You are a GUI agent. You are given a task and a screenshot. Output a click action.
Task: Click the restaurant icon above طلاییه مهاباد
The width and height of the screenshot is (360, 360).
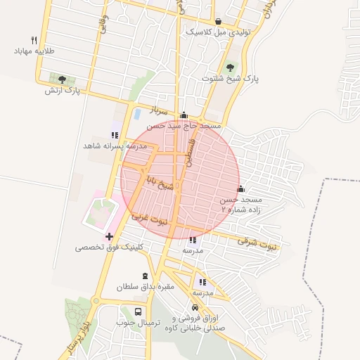point(34,40)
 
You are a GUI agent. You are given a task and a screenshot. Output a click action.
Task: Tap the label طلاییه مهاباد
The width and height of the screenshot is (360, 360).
point(34,51)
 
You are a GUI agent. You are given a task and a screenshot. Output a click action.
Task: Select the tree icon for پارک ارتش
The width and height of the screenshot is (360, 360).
point(63,79)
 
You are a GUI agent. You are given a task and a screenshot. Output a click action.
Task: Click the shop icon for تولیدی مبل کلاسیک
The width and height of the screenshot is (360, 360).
point(218,22)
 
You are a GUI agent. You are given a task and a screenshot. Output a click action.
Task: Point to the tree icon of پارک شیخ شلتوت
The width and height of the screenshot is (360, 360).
point(230,67)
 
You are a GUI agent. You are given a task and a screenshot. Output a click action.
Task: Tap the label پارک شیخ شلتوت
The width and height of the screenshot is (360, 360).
point(230,79)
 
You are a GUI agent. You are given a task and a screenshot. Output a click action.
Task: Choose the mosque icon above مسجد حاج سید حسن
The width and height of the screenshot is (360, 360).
point(184,115)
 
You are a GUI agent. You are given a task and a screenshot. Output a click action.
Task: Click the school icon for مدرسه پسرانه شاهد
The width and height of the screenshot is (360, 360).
point(115,134)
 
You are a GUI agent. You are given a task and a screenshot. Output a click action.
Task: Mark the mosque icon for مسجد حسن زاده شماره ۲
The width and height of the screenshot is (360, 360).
point(241,188)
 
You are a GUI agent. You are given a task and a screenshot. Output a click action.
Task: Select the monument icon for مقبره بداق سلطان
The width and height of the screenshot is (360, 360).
point(146,276)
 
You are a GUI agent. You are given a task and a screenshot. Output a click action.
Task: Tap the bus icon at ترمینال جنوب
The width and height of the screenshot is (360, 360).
point(138,311)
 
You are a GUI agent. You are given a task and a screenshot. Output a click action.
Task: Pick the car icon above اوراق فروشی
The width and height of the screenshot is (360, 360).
point(195,308)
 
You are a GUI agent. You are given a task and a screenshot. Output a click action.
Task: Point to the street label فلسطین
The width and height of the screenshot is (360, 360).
point(189,150)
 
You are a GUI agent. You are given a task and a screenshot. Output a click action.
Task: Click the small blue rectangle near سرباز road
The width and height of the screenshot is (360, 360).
point(138,112)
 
